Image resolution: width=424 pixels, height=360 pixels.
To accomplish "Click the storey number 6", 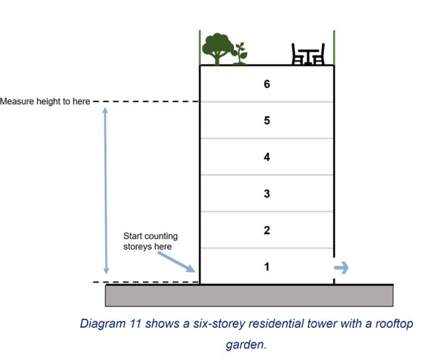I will tap(266, 84).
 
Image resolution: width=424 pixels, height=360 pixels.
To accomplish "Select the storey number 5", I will tap(266, 120).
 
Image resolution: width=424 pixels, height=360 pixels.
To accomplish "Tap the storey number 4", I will tap(266, 157).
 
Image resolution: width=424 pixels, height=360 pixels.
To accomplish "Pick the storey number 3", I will tap(266, 194).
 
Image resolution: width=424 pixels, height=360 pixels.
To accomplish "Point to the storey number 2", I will tap(266, 230).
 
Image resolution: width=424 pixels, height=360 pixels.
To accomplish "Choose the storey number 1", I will tap(266, 267).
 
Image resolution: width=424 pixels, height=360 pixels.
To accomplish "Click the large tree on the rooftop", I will tap(217, 48).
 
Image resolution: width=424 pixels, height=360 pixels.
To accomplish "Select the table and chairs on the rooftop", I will tap(308, 54).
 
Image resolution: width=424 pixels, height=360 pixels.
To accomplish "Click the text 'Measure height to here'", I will tap(45, 102).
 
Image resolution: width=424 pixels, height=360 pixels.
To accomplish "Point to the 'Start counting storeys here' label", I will tap(150, 241).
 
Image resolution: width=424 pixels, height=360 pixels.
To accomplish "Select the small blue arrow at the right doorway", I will tap(341, 267).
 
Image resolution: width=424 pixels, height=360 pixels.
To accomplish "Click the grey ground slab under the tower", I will tap(249, 295).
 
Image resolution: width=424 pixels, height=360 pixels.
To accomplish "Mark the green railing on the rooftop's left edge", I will tap(200, 47).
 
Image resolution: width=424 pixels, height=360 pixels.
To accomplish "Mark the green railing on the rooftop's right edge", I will tap(334, 47).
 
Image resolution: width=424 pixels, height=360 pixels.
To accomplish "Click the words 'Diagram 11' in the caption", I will tap(107, 324).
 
